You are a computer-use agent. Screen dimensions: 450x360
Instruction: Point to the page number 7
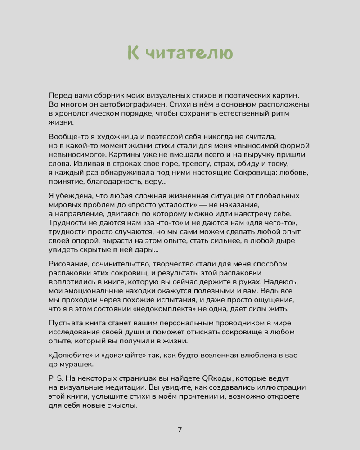(x=180, y=429)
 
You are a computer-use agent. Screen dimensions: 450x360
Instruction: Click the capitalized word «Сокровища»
(x=262, y=172)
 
